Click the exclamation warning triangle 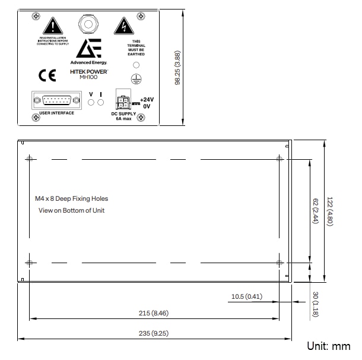tap(53, 26)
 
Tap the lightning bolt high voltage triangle tap(123, 26)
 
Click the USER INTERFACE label tap(56, 113)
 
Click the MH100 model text tap(88, 76)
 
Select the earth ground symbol tap(136, 78)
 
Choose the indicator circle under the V tap(91, 103)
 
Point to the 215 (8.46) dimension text tap(153, 313)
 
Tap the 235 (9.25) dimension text tap(154, 333)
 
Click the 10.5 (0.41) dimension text tap(246, 296)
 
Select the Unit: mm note tap(328, 346)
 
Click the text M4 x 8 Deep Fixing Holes tap(71, 198)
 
